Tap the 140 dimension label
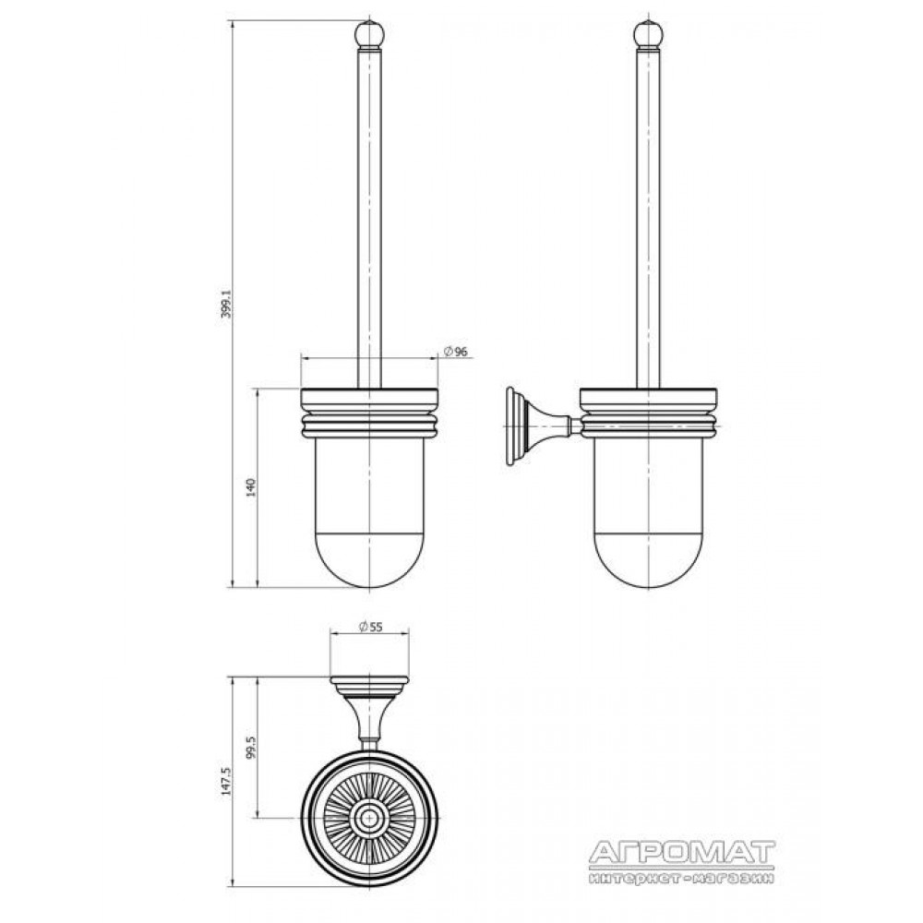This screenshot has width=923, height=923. point(251,488)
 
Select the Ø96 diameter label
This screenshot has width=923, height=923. point(455,352)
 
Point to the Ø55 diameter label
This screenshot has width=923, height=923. point(370,627)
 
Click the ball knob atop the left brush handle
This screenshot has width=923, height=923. point(369,34)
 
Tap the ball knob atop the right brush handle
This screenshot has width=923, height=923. point(648,34)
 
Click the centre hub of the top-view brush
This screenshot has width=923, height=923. point(370,818)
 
